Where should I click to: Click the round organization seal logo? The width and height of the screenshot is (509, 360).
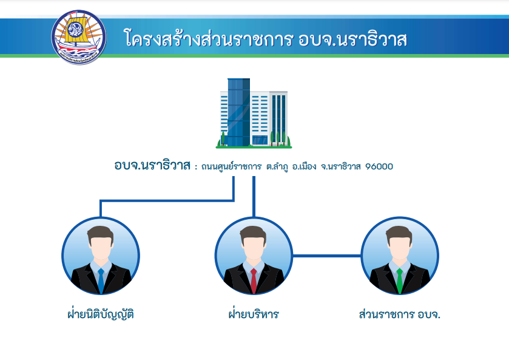[78, 37]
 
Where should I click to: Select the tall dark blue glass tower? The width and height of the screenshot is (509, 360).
[238, 112]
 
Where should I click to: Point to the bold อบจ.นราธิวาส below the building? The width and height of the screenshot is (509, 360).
[152, 165]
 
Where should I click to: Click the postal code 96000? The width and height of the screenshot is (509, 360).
[379, 166]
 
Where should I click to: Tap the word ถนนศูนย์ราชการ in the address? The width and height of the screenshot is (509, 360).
[231, 166]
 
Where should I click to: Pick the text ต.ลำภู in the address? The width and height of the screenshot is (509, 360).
[277, 167]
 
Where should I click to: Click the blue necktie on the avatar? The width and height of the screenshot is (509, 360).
[101, 281]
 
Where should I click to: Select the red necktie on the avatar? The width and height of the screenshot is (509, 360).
[254, 281]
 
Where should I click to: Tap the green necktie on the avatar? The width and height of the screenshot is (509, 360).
[400, 281]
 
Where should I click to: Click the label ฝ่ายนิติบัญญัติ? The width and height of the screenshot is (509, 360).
[101, 314]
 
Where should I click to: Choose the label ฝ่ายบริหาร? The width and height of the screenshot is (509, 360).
[254, 314]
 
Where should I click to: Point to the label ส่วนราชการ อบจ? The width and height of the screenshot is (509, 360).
[400, 314]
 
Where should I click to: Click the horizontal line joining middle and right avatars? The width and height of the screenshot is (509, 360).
[327, 256]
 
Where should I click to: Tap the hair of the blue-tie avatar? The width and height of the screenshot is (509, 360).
[101, 233]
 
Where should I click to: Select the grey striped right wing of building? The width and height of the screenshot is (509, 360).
[278, 118]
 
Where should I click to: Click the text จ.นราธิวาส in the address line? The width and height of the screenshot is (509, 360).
[340, 166]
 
